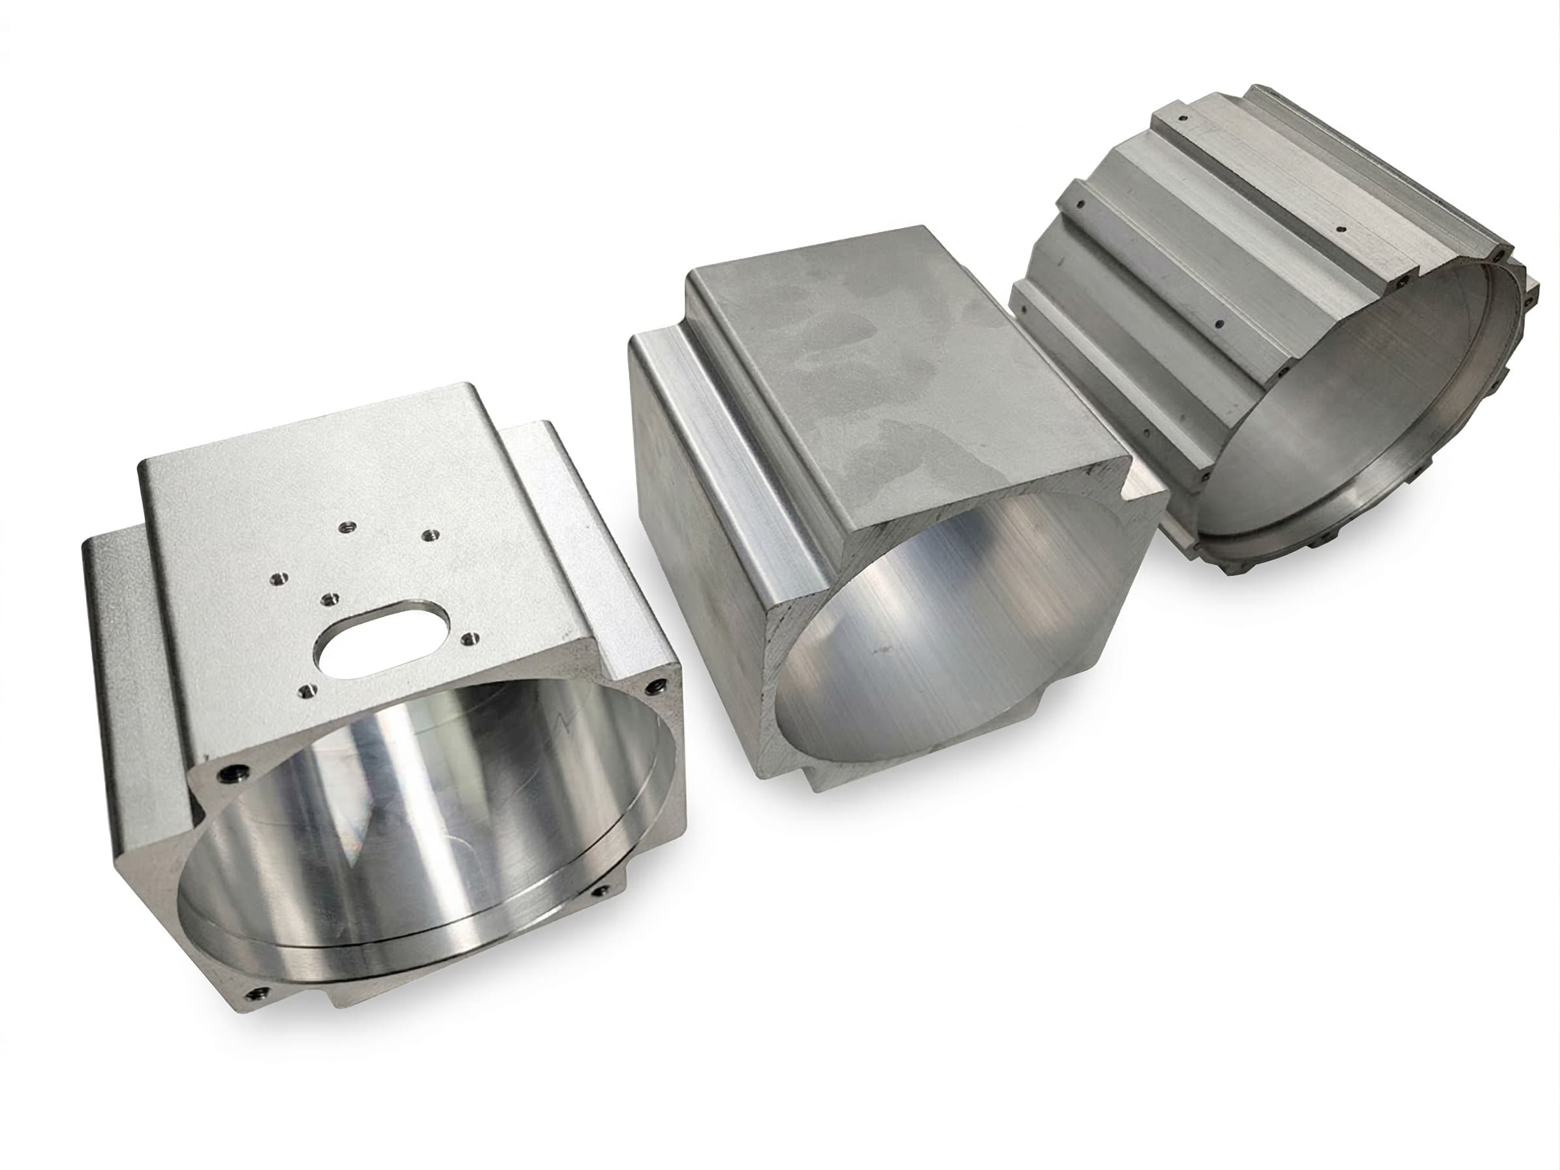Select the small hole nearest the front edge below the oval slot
click(305, 689)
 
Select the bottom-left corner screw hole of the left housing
click(255, 993)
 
